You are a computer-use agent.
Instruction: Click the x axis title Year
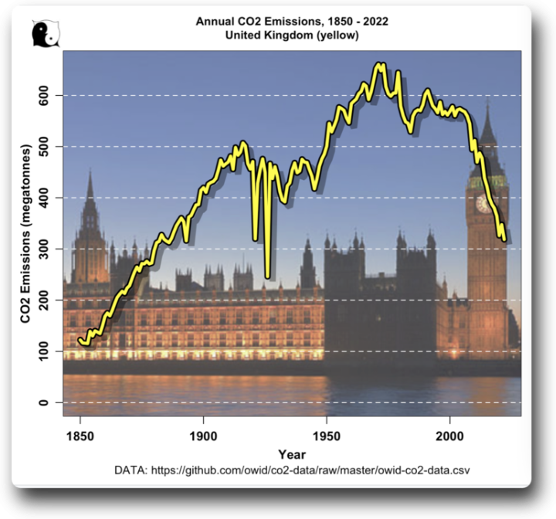(x=292, y=454)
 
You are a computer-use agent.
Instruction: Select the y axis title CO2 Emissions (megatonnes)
(x=25, y=233)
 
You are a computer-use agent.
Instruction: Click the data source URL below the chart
(x=292, y=470)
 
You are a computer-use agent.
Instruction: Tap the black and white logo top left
(x=45, y=33)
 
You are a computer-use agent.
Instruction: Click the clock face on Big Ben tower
(x=484, y=204)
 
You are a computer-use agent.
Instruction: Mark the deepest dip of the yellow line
(x=267, y=276)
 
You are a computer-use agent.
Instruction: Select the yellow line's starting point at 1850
(x=80, y=338)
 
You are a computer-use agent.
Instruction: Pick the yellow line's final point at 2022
(x=504, y=239)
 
